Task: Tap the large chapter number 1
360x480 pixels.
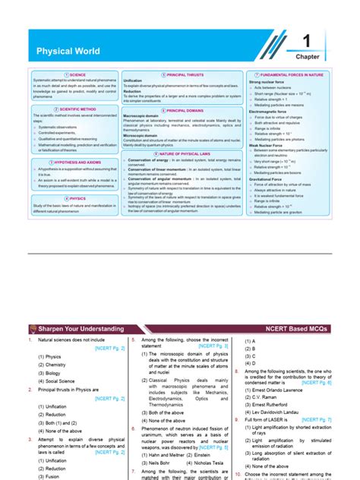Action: click(308, 43)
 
